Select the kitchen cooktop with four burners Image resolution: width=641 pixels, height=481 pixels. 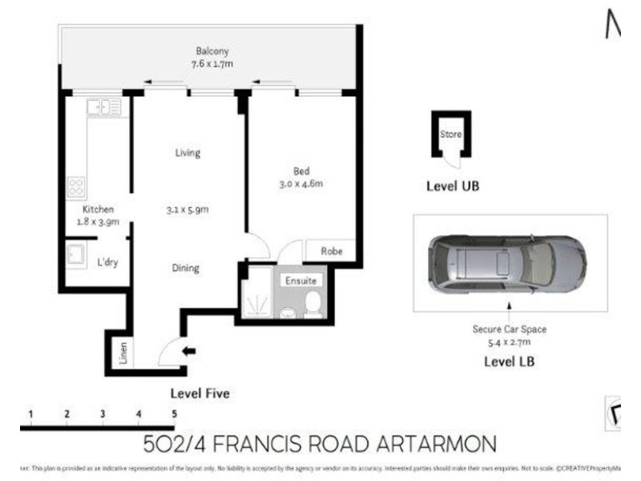[x=76, y=187]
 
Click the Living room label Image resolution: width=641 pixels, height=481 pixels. [x=187, y=152]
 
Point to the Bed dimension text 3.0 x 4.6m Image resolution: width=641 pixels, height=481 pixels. [x=300, y=184]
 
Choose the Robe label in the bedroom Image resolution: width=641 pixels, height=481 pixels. [x=332, y=251]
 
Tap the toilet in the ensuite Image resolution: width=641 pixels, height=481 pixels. [x=313, y=303]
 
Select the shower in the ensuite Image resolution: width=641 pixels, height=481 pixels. [x=256, y=300]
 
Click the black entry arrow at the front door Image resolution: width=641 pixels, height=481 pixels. [x=189, y=350]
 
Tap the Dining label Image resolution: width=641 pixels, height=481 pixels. [x=186, y=269]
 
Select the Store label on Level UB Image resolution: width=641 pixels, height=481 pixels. [x=450, y=134]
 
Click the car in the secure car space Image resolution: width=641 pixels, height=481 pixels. [x=506, y=263]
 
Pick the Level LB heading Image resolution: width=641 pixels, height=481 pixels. [x=509, y=362]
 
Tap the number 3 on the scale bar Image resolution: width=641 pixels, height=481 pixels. [x=103, y=414]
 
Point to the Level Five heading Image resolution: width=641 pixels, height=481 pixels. [x=200, y=394]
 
